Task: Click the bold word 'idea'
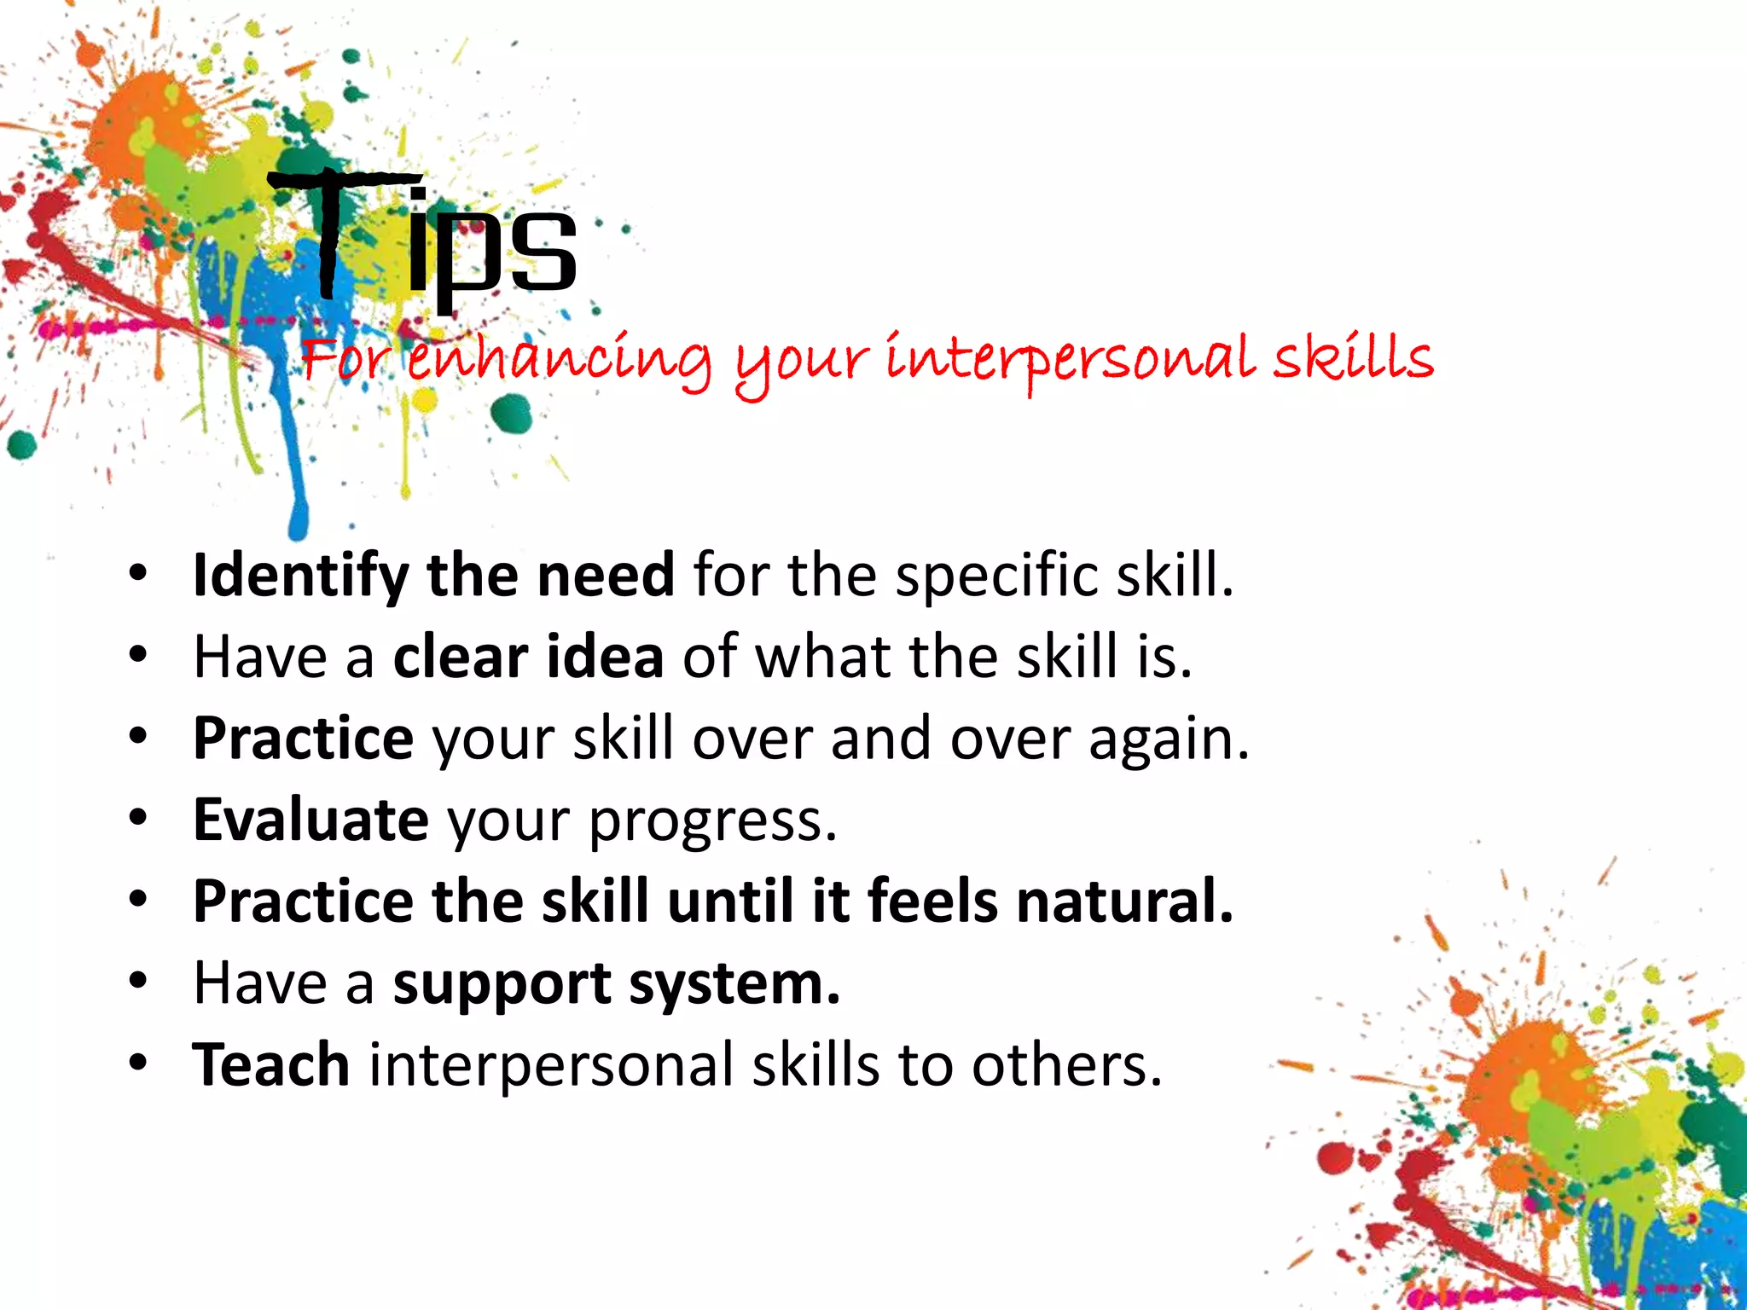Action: [605, 657]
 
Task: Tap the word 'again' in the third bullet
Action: [1160, 739]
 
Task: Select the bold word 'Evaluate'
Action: [311, 820]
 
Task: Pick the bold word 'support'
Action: [502, 986]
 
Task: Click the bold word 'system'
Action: [734, 986]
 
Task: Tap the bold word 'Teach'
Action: [271, 1065]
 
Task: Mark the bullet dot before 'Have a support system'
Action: [138, 982]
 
